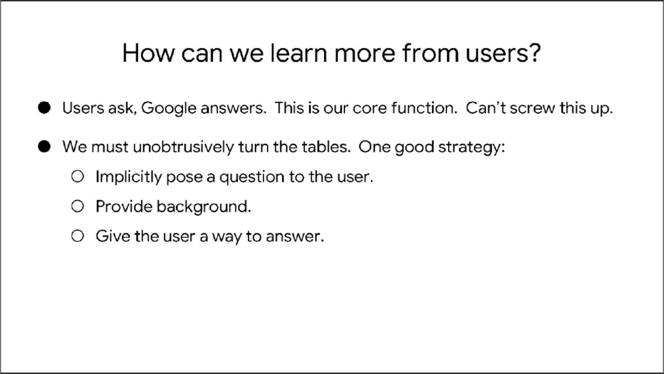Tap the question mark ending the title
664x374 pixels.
533,53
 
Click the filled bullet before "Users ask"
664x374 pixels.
44,108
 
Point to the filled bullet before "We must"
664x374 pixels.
44,146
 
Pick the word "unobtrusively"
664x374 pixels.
183,147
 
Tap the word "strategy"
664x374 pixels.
471,148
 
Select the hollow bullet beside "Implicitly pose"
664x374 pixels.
77,176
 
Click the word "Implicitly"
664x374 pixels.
129,177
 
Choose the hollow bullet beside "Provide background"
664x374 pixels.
77,206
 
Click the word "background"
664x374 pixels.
204,207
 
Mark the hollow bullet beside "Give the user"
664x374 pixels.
77,236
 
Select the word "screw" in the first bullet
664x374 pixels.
532,108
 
